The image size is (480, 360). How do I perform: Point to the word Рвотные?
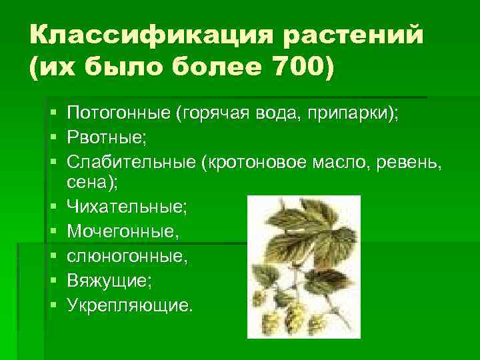pyautogui.click(x=107, y=138)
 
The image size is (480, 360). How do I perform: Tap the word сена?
pyautogui.click(x=87, y=182)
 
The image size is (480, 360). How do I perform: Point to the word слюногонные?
pyautogui.click(x=123, y=256)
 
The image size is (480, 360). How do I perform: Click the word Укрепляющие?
pyautogui.click(x=130, y=305)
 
